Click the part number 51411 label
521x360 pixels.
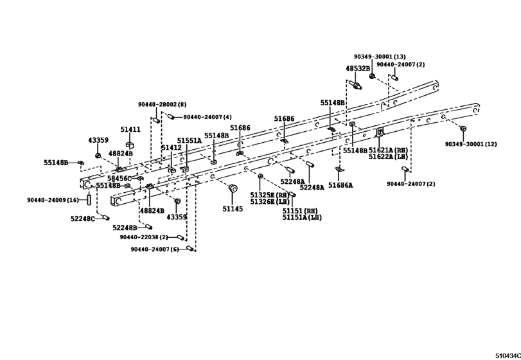(130, 130)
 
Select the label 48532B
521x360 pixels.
(358, 68)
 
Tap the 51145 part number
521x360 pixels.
(233, 209)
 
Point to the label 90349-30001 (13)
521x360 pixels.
(380, 57)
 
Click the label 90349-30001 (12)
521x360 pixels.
(471, 144)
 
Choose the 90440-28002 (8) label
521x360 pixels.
(162, 104)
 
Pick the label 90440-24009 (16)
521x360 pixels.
(53, 200)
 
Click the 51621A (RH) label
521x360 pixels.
(388, 150)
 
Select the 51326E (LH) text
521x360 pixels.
(270, 201)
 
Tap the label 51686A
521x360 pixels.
(340, 185)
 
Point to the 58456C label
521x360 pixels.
(119, 179)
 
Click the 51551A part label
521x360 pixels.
(189, 141)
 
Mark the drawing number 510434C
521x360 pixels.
(508, 355)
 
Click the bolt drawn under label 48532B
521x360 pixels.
(355, 85)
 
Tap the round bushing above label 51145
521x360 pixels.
(233, 188)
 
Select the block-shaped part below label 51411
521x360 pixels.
(130, 145)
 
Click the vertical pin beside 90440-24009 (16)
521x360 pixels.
(89, 200)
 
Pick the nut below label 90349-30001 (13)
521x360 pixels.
(372, 76)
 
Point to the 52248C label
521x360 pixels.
(83, 219)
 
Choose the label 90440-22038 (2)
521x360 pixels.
(144, 237)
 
